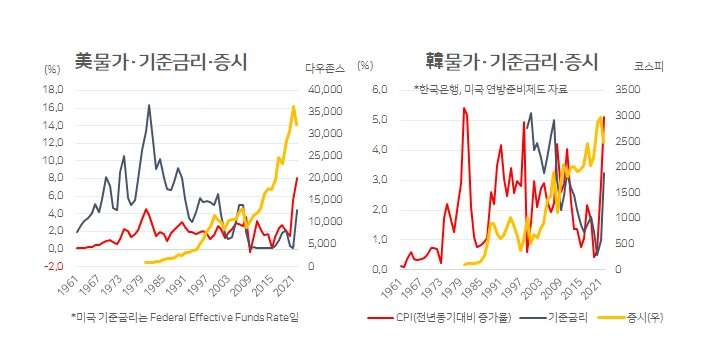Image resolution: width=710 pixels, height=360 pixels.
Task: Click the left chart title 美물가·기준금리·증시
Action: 161,62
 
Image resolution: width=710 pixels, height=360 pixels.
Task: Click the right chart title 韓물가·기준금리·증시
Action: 512,62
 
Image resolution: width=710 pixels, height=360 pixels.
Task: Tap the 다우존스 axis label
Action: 325,68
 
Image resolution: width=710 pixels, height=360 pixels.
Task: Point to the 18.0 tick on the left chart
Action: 53,90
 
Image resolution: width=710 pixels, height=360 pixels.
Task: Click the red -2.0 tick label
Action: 53,266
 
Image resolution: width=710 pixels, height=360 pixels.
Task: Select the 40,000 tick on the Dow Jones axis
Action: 325,90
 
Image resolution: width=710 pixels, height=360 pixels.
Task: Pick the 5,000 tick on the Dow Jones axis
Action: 327,244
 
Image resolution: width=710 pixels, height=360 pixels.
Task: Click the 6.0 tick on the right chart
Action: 379,90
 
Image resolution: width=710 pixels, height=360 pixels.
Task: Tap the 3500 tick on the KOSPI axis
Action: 628,90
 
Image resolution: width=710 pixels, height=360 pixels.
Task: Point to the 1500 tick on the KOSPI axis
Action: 628,192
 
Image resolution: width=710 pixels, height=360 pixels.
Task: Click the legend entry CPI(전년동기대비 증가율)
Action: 439,318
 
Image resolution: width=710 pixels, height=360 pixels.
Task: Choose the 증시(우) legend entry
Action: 631,318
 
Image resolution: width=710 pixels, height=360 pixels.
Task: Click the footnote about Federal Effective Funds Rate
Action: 185,317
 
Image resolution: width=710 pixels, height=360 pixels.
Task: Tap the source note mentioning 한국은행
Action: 491,89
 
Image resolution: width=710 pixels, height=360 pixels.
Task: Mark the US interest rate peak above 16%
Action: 149,106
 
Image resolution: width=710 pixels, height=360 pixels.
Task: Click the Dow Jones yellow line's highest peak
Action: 293,107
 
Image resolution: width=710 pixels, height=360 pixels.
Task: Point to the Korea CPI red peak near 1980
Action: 464,108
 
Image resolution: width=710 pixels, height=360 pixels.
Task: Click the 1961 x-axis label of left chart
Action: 67,285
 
